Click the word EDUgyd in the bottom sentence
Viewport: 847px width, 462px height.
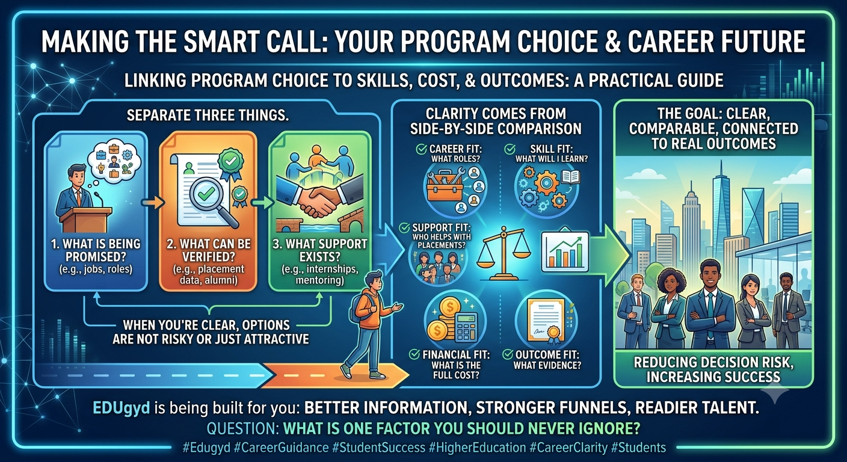coord(121,408)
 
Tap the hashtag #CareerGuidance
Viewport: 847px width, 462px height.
coord(282,448)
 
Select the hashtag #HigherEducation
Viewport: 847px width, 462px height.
coord(477,448)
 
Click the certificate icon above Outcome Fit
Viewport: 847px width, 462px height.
coord(547,321)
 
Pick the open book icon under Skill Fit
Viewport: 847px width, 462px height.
coord(570,177)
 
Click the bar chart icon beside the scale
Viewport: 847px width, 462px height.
coord(565,251)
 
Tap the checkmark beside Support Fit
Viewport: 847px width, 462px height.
coord(404,227)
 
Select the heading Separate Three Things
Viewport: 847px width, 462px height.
coord(208,115)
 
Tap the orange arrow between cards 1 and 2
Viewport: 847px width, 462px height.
coord(153,203)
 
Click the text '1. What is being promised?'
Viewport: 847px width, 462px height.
coord(96,250)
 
